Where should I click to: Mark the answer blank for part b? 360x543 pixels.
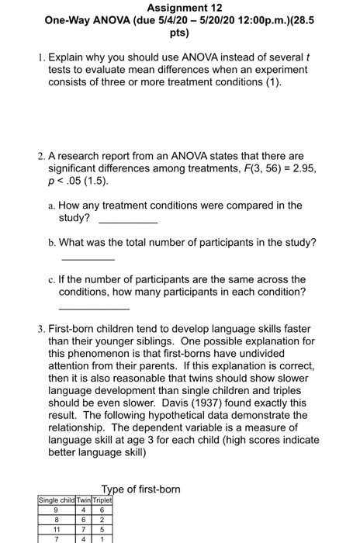tap(88, 258)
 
